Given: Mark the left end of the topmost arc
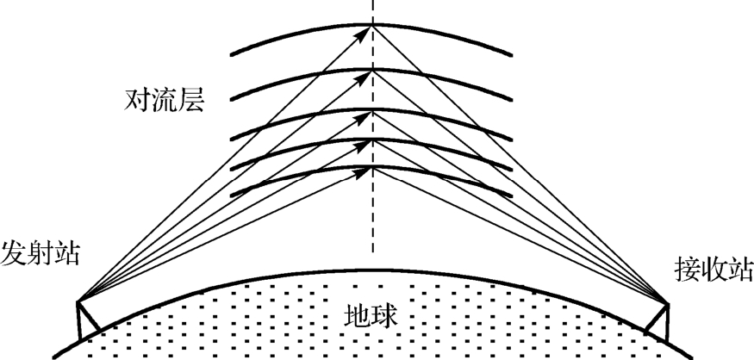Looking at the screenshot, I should (231, 55).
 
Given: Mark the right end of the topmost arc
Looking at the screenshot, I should (514, 55).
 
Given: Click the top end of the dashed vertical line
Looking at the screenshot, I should (373, 2).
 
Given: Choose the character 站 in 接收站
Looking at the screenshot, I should (739, 270).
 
